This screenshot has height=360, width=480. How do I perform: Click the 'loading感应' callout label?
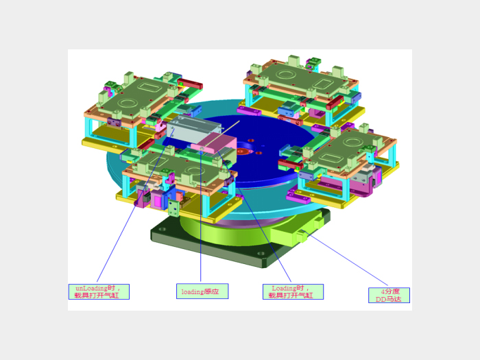202,291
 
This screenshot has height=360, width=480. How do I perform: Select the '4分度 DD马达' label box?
389,296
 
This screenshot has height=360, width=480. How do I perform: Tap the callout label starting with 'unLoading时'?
99,291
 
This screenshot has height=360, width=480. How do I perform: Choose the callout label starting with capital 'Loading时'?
293,291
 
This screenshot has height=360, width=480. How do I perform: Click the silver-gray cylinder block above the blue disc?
192,130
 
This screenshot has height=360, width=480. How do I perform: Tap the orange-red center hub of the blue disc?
243,151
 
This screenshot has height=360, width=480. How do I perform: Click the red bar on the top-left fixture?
190,83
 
